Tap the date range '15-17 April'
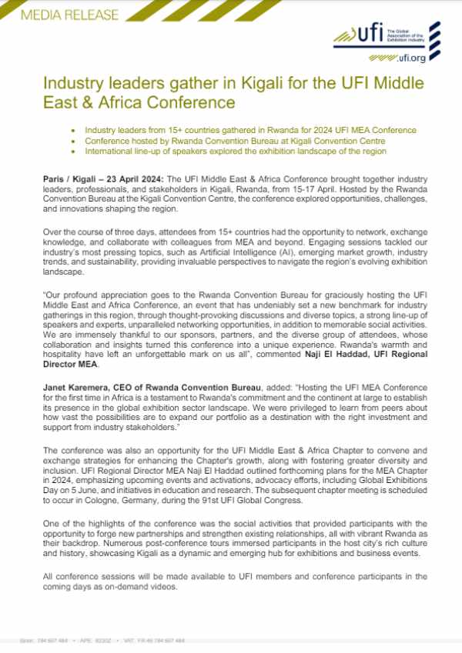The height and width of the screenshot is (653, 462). pyautogui.click(x=357, y=188)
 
